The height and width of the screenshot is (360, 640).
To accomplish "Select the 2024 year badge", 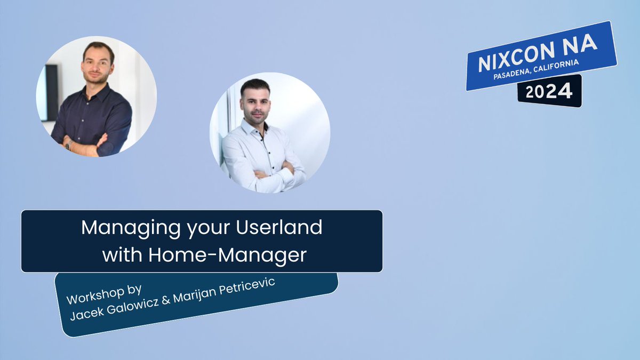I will [x=549, y=92].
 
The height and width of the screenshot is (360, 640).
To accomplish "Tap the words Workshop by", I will [x=104, y=294].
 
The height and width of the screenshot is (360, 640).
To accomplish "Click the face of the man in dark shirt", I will [x=98, y=63].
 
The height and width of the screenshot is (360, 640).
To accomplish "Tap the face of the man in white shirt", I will [x=255, y=101].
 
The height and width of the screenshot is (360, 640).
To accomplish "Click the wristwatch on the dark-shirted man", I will [x=68, y=144].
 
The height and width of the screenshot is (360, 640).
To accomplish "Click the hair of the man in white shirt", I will [x=255, y=85].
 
